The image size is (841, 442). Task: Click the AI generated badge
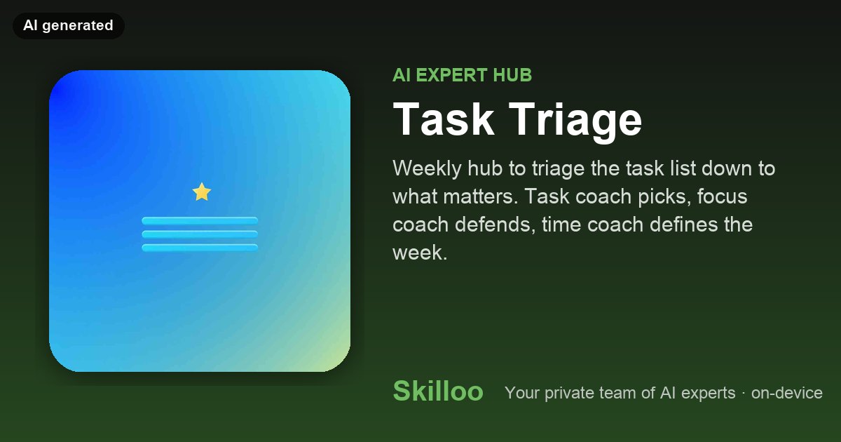[69, 25]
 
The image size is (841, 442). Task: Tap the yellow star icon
[202, 192]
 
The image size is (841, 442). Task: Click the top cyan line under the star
[200, 220]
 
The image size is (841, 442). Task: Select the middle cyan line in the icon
[200, 234]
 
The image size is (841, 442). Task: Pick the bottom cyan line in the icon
[200, 248]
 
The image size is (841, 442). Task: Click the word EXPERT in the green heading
[451, 75]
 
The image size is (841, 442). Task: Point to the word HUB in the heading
[512, 75]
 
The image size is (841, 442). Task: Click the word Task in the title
[444, 119]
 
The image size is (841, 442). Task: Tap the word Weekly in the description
[427, 169]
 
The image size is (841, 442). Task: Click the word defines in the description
[683, 225]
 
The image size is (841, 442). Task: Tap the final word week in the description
[420, 253]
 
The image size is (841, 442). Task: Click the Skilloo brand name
[438, 391]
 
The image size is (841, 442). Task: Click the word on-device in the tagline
[787, 393]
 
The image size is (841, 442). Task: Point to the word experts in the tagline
[708, 394]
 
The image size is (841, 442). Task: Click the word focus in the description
[723, 196]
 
